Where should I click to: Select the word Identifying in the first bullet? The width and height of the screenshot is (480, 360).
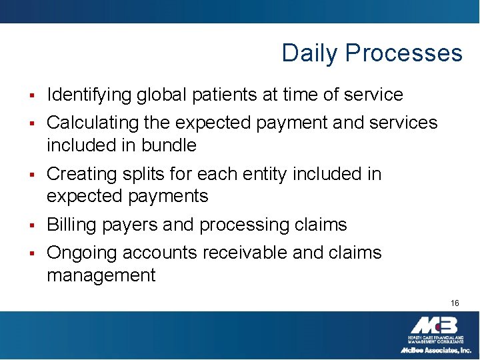pos(89,95)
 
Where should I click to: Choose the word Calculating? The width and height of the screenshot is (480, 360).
pos(91,123)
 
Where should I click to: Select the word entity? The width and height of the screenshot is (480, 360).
pos(276,174)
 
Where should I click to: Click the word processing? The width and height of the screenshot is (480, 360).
pos(229,225)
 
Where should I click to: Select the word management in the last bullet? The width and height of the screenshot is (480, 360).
pos(101,275)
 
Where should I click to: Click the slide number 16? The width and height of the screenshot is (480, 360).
pos(455,303)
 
